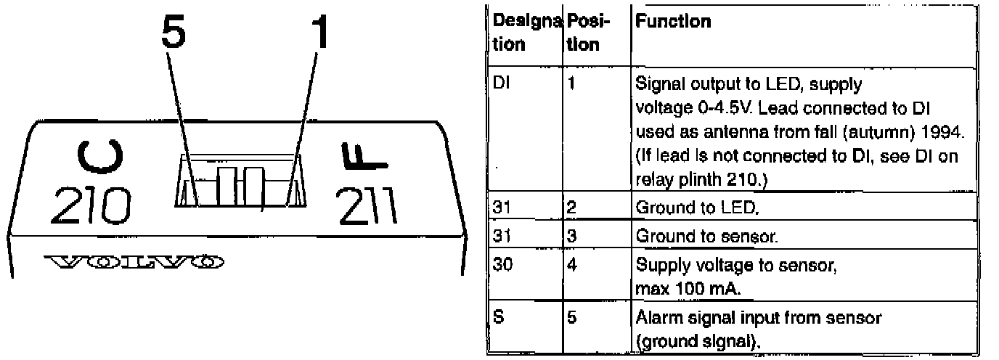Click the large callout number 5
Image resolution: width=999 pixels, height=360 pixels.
click(174, 32)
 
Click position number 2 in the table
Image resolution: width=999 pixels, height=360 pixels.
click(571, 208)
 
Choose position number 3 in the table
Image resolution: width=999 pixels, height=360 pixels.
click(571, 237)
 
